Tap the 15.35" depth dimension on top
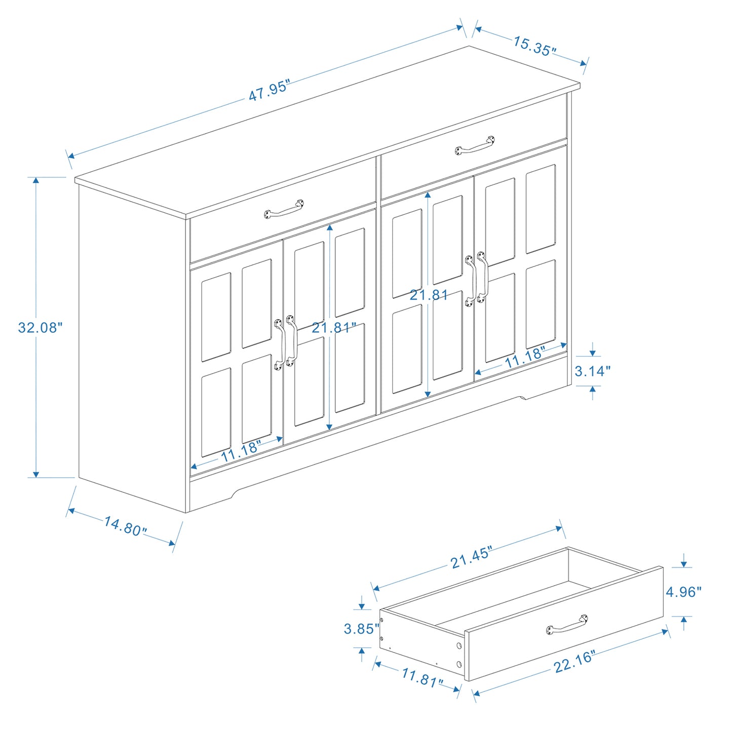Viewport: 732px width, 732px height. (x=534, y=46)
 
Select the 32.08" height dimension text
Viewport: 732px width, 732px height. (x=40, y=328)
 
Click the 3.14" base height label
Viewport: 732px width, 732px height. (x=592, y=371)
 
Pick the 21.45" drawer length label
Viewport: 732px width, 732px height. (x=471, y=558)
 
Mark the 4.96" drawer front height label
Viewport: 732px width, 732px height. (x=683, y=592)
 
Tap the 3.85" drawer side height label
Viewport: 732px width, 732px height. (x=361, y=629)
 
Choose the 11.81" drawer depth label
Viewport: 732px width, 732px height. (x=422, y=677)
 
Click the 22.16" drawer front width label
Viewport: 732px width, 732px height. (x=574, y=662)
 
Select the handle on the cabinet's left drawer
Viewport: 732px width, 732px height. (x=284, y=209)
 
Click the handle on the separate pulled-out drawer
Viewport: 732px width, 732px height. (x=567, y=625)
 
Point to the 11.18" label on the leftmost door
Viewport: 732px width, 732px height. (x=241, y=451)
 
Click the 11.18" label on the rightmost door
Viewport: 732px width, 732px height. (x=525, y=357)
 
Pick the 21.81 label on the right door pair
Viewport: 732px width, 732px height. (x=429, y=295)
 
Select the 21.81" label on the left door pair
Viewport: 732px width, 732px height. (x=334, y=328)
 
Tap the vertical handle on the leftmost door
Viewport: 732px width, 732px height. (x=279, y=344)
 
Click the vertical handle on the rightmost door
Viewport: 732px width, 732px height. (x=481, y=277)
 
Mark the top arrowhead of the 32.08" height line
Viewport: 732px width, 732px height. (x=35, y=181)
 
